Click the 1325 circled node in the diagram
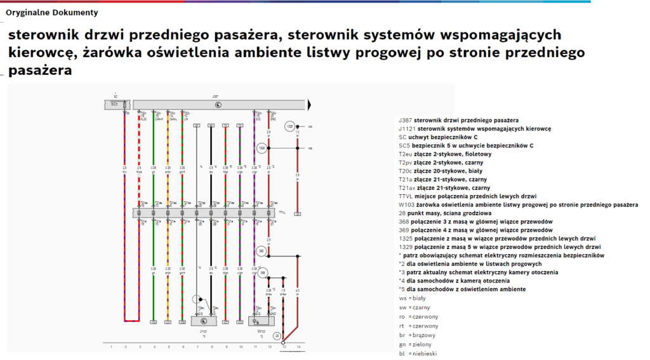[x=290, y=126]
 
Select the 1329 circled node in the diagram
[x=262, y=149]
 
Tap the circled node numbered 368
[x=261, y=252]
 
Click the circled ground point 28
[x=277, y=335]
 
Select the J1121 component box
[x=203, y=321]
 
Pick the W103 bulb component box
[x=262, y=321]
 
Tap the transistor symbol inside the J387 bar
[x=218, y=104]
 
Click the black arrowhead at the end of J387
[x=310, y=104]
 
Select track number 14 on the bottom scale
[x=298, y=347]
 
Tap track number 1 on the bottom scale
[x=112, y=347]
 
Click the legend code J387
[x=407, y=120]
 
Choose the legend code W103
[x=406, y=204]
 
